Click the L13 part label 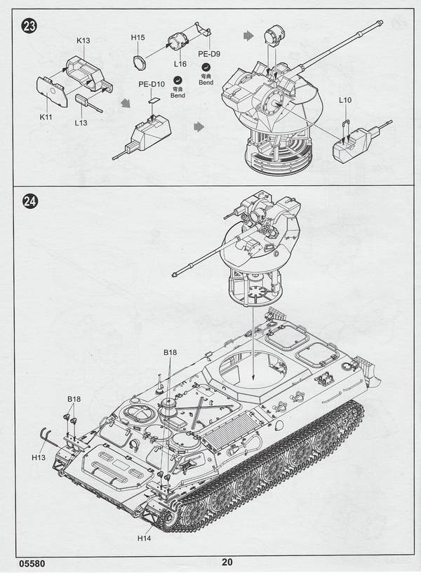81,124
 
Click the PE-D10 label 152,86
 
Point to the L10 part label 344,101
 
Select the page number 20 226,562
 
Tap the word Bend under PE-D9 206,82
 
